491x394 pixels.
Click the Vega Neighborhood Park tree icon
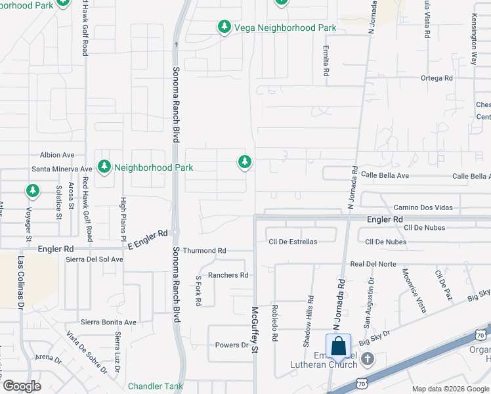coord(224,27)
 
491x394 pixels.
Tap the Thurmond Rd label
coord(204,251)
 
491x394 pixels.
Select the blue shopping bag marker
coord(338,345)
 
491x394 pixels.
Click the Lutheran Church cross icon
coord(368,359)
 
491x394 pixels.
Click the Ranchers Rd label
coord(228,275)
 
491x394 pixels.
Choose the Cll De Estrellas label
coord(293,242)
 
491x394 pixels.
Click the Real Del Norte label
coord(374,264)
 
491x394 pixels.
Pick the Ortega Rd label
coord(437,78)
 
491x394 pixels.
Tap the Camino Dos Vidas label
coord(423,208)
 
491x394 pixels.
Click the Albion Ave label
coord(57,155)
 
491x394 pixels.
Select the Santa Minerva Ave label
coord(62,169)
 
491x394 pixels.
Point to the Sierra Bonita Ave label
coord(108,322)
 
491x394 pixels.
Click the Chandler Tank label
coord(156,386)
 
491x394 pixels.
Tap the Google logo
coord(22,385)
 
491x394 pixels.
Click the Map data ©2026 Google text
coord(449,389)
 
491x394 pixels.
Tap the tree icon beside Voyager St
coord(32,190)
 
